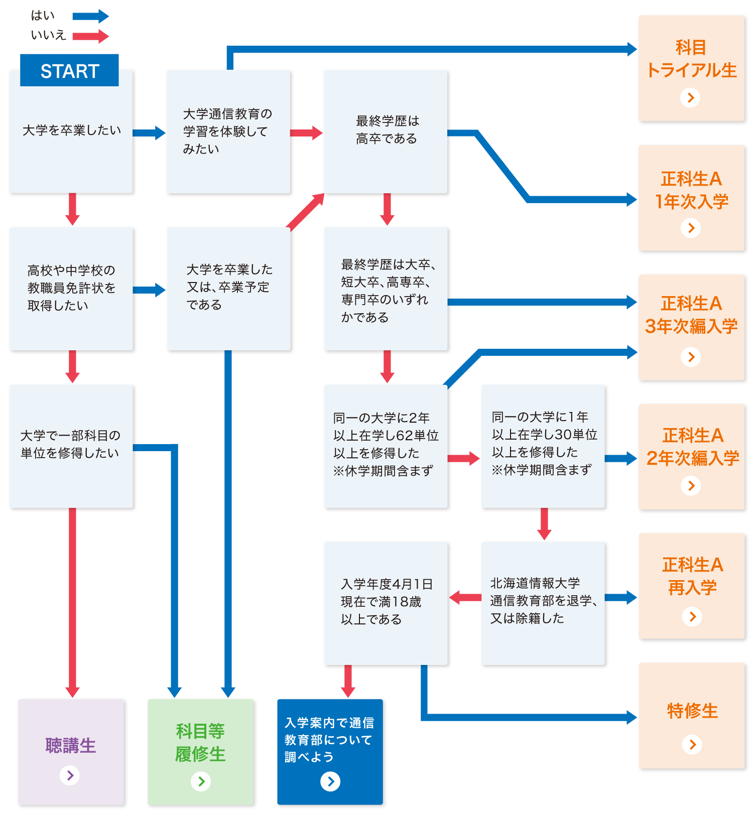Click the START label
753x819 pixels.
click(x=69, y=71)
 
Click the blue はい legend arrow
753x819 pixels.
click(x=90, y=17)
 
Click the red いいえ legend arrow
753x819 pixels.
click(x=90, y=36)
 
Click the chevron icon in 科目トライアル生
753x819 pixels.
click(x=690, y=97)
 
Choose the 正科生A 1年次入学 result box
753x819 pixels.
click(x=691, y=198)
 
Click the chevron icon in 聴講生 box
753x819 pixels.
click(x=70, y=775)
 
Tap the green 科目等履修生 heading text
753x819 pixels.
click(x=200, y=742)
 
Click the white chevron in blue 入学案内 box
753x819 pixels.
click(x=330, y=781)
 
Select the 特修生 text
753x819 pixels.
click(x=692, y=711)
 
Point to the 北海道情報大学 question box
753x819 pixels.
click(x=543, y=602)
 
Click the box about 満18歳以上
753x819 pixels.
click(x=386, y=602)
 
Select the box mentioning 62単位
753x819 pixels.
click(x=386, y=446)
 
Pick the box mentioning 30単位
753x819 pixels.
click(x=543, y=446)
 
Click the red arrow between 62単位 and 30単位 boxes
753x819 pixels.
click(x=463, y=458)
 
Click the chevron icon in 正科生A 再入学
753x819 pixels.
click(x=692, y=616)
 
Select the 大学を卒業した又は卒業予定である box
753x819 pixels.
click(x=228, y=288)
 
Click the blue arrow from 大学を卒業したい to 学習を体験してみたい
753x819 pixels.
click(x=149, y=132)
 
